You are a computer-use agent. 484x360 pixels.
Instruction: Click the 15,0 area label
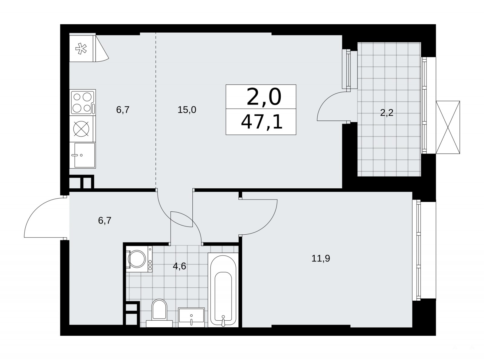click(x=187, y=110)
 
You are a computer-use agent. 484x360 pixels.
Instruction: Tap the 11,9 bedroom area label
click(x=321, y=259)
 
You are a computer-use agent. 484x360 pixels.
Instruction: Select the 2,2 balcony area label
click(x=387, y=113)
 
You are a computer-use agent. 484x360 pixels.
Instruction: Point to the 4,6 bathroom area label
click(x=179, y=266)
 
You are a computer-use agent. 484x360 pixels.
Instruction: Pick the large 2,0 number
click(x=264, y=97)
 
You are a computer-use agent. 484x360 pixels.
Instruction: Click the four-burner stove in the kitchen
click(x=83, y=102)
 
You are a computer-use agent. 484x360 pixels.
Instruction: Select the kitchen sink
click(x=83, y=155)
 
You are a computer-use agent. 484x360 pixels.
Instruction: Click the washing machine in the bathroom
click(x=139, y=259)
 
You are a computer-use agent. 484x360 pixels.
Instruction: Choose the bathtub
click(x=223, y=293)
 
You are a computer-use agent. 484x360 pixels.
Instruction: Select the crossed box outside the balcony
click(x=448, y=127)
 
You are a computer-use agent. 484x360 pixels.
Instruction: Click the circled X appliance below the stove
click(x=81, y=129)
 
